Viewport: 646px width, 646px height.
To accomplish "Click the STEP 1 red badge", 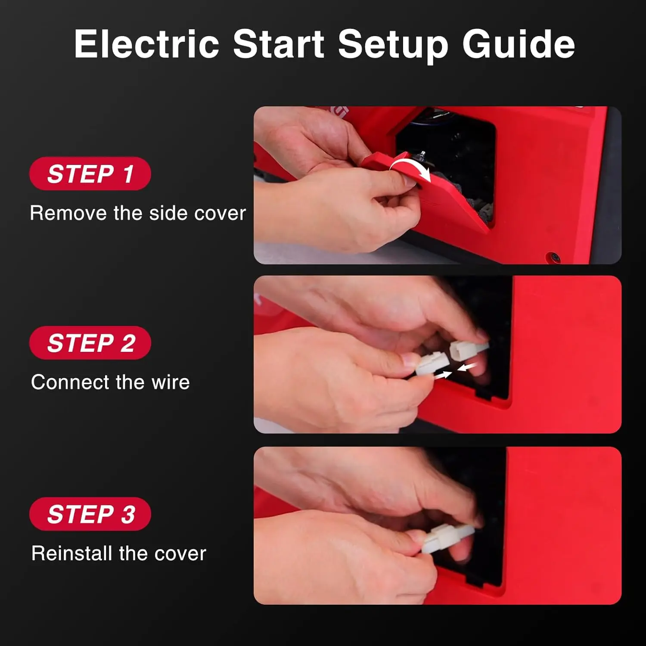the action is (x=90, y=174).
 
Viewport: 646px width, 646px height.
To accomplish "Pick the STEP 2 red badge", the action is (x=90, y=343).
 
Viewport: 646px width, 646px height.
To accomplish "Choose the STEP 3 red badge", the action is (x=90, y=514).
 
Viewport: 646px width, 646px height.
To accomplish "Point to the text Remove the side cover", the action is (x=138, y=213).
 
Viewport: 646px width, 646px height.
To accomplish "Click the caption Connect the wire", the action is (x=110, y=382).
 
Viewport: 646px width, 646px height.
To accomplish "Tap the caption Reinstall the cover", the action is (x=119, y=553).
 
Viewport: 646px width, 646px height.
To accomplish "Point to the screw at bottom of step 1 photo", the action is (x=554, y=257).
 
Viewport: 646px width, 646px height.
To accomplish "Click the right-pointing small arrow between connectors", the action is (x=442, y=375).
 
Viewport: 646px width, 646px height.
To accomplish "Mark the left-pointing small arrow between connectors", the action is (x=467, y=366).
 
